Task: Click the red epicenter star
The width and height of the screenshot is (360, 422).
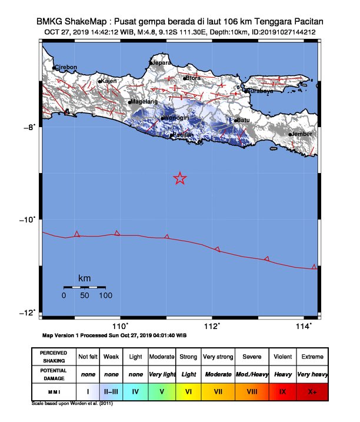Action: coord(180,178)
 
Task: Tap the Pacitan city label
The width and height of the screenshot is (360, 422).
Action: coord(184,135)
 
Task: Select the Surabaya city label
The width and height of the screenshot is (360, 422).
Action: coord(259,91)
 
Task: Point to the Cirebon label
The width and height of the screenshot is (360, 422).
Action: coord(66,67)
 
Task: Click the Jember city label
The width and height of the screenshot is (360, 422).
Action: coord(302,134)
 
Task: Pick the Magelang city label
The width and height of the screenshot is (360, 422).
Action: coord(145,101)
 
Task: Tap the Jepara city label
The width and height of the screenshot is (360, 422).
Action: coord(162,62)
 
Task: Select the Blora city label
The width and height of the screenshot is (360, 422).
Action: coord(194,77)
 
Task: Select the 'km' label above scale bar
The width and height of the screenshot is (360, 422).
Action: coord(84,278)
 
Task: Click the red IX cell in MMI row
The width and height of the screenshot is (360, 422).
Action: coord(283,391)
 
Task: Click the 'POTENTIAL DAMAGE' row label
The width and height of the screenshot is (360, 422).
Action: coord(53,374)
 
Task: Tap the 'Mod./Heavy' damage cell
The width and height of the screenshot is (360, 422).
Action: coord(252,374)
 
